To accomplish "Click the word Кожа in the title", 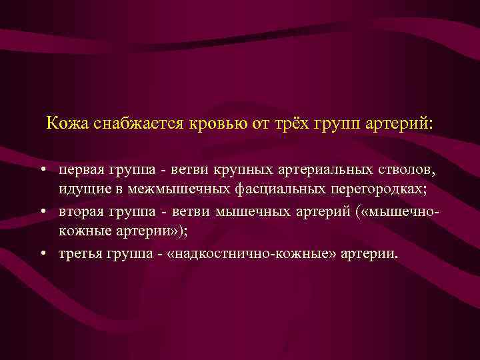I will [65, 124].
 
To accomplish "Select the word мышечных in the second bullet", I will [247, 212].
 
